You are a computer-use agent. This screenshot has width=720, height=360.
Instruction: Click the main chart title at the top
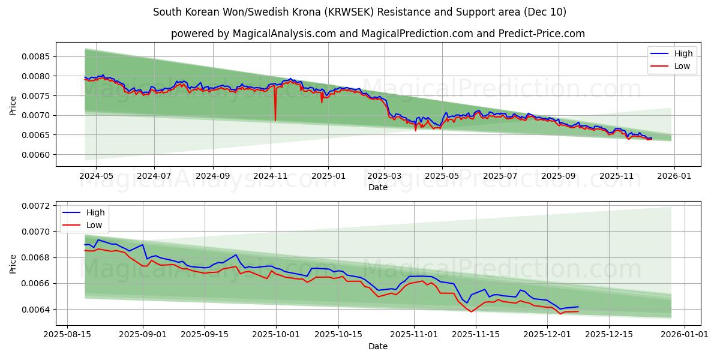359,12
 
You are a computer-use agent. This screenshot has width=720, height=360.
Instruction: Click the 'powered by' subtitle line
377,34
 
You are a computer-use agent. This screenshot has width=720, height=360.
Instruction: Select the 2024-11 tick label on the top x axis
271,176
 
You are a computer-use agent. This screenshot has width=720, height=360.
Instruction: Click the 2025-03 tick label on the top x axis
385,176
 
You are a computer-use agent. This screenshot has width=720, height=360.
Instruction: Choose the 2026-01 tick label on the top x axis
674,176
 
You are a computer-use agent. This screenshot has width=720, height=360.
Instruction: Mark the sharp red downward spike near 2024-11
275,119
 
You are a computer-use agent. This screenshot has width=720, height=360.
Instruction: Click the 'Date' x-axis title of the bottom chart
377,346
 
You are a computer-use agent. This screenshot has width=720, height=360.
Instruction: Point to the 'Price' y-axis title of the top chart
13,106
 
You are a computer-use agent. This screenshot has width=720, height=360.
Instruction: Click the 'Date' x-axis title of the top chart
377,187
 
